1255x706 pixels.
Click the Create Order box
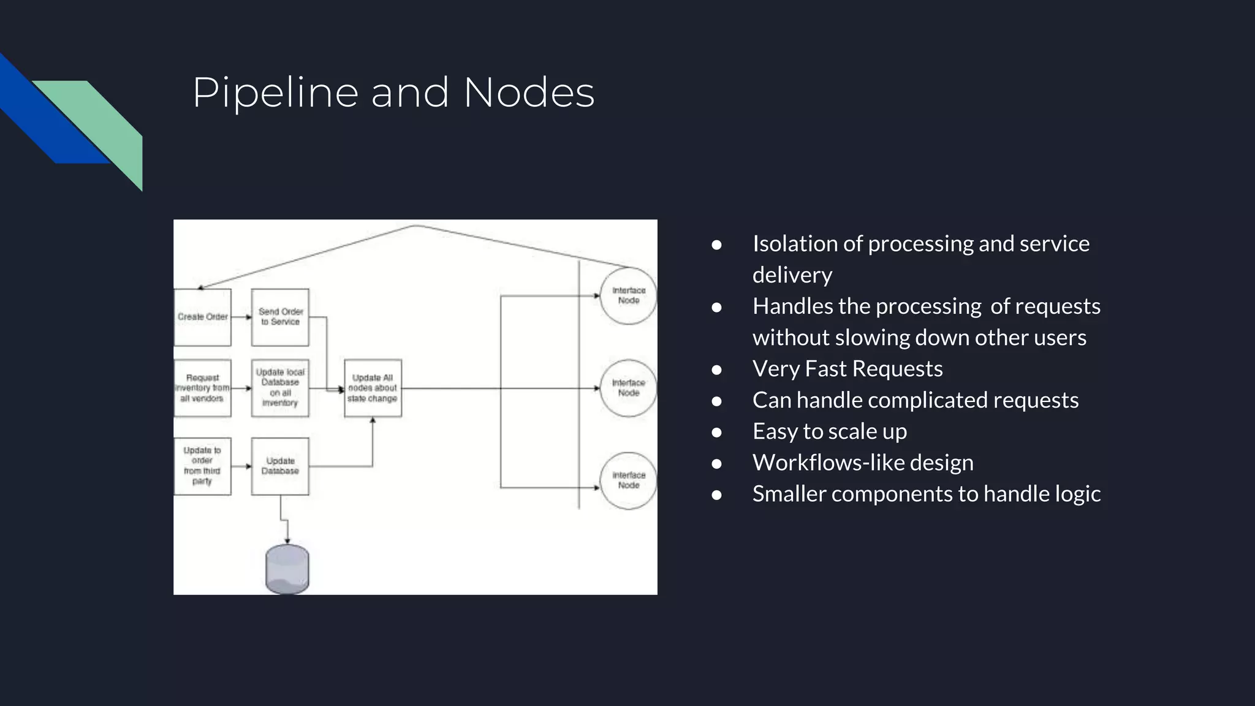pos(202,317)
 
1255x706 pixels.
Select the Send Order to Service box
pos(280,317)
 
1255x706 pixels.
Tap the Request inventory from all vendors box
pos(202,388)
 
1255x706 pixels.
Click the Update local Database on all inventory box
pos(280,388)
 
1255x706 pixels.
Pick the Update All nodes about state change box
pos(373,388)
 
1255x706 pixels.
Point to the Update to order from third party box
pos(202,466)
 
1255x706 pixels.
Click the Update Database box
pos(280,466)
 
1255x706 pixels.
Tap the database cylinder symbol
pos(287,569)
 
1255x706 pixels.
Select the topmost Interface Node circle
pos(628,295)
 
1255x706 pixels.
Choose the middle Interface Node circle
pos(628,388)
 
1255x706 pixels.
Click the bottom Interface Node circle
pos(628,480)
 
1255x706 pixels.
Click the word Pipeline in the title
pos(275,93)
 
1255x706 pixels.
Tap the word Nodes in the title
pos(529,93)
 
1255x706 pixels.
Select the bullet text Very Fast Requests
pos(847,369)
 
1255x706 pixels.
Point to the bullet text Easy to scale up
pos(829,431)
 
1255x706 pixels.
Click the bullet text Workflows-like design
pos(862,463)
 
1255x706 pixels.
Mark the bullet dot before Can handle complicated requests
pos(716,401)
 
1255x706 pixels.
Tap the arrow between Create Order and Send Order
pos(241,317)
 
